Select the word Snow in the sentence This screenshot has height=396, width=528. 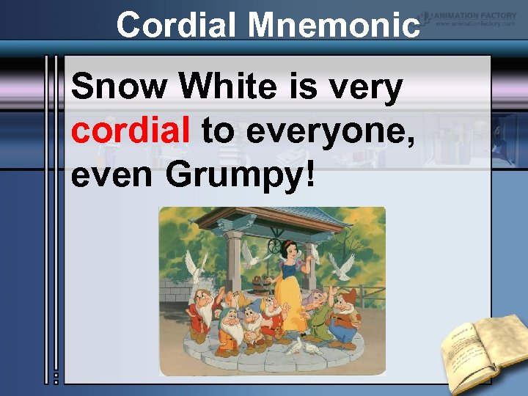pos(120,88)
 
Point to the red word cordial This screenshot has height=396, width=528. pos(130,132)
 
